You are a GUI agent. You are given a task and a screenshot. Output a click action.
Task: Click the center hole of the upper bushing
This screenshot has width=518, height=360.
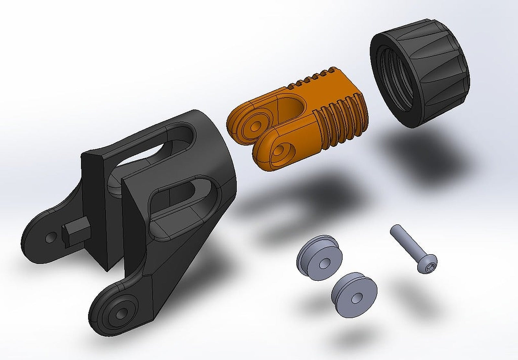pyautogui.click(x=324, y=264)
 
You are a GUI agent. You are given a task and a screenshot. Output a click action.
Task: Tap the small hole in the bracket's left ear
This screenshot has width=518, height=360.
pyautogui.click(x=50, y=238)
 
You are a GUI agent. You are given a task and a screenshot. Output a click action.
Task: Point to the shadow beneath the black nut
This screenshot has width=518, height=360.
pyautogui.click(x=424, y=152)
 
